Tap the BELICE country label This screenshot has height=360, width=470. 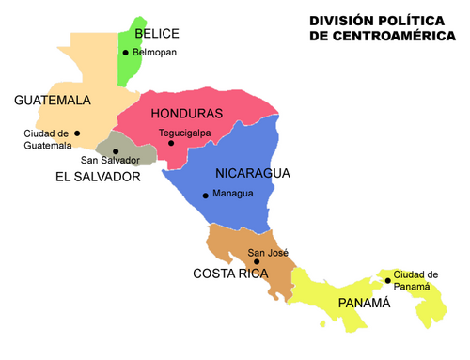click(x=157, y=33)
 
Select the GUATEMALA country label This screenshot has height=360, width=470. click(x=52, y=100)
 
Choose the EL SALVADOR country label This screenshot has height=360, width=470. click(x=98, y=177)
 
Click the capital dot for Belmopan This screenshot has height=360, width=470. click(x=125, y=53)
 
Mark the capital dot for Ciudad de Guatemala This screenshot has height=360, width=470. click(x=77, y=133)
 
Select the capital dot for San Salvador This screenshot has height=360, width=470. click(x=116, y=150)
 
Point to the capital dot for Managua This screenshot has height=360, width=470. click(x=205, y=196)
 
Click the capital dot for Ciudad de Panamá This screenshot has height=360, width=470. click(x=387, y=280)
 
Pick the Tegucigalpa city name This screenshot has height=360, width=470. click(x=185, y=133)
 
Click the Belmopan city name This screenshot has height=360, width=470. click(x=154, y=53)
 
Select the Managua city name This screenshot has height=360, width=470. click(x=233, y=195)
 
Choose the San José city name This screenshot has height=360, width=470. click(x=268, y=252)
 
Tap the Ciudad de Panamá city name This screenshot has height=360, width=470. click(x=415, y=280)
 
